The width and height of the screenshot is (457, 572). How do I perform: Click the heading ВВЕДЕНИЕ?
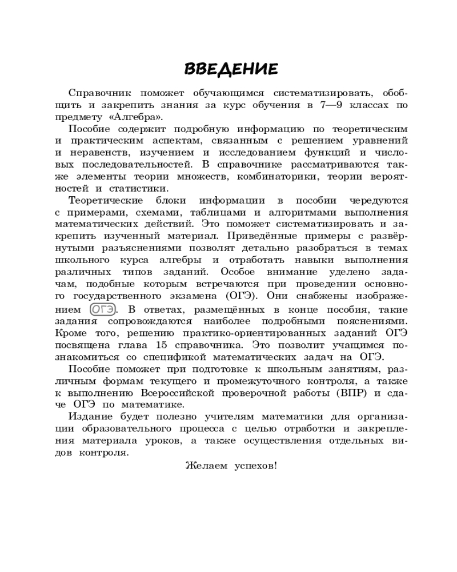[x=231, y=69]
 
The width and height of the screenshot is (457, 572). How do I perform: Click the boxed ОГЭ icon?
[x=103, y=309]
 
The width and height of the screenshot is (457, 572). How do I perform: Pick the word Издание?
[x=87, y=418]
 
